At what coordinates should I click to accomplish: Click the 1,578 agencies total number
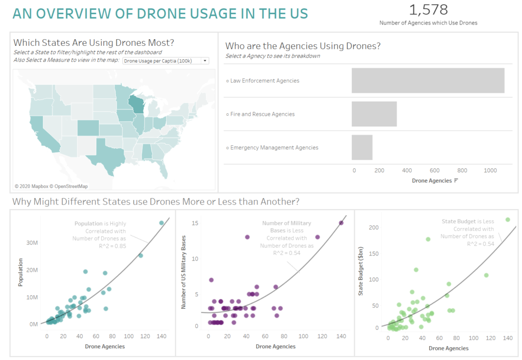click(x=428, y=9)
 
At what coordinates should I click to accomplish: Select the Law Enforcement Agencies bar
click(x=428, y=81)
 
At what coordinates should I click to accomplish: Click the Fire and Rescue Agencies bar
click(x=374, y=114)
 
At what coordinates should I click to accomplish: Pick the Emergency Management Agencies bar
click(x=362, y=147)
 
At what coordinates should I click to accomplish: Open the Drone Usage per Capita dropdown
click(x=166, y=61)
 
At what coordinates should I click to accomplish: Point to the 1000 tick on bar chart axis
click(x=490, y=170)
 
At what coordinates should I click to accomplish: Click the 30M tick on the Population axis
click(x=31, y=243)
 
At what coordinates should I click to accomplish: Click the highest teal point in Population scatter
click(x=162, y=223)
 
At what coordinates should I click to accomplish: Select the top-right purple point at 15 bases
click(x=341, y=223)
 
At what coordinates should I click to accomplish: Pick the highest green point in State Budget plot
click(x=507, y=220)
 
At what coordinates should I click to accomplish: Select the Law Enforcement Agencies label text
click(x=265, y=81)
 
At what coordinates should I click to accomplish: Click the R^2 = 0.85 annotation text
click(x=113, y=246)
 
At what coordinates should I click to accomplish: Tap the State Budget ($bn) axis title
click(x=361, y=276)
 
